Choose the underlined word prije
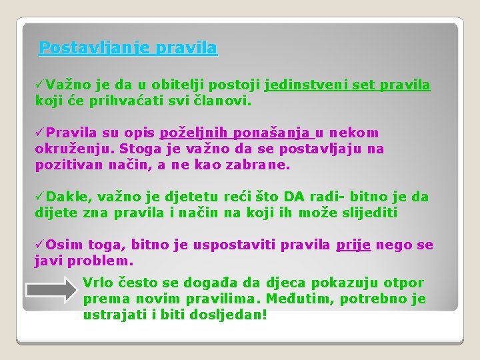pyautogui.click(x=353, y=245)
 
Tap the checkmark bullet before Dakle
pyautogui.click(x=40, y=197)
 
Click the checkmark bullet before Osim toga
pyautogui.click(x=40, y=245)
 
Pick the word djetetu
pyautogui.click(x=204, y=197)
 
